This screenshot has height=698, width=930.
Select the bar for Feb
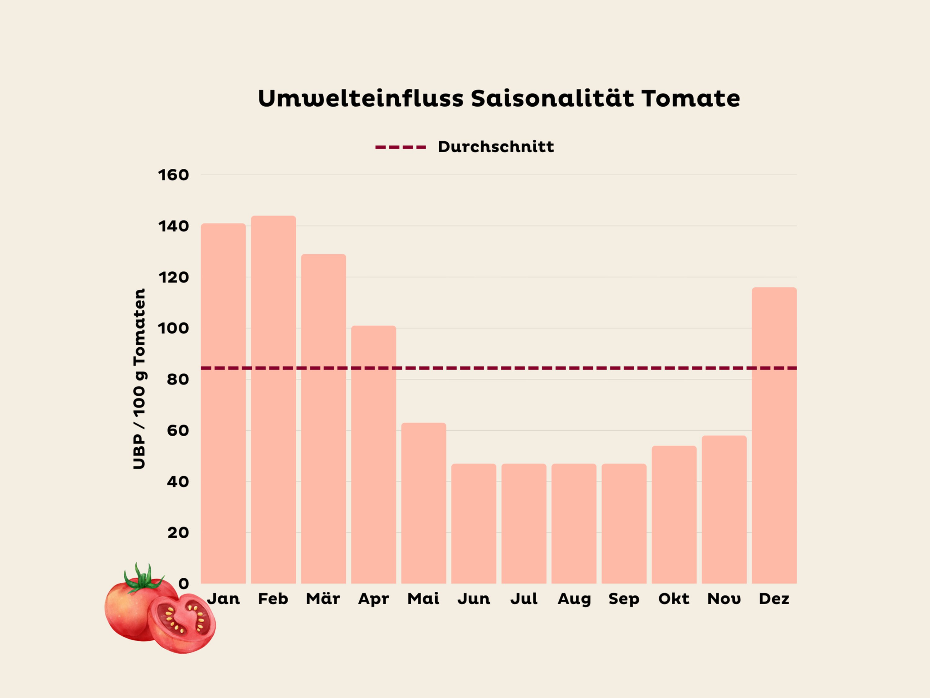pyautogui.click(x=273, y=399)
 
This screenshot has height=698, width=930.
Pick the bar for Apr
pyautogui.click(x=373, y=455)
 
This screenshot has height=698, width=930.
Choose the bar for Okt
pyautogui.click(x=674, y=515)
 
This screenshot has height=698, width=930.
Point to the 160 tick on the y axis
pyautogui.click(x=173, y=175)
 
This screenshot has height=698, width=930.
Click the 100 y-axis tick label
pyautogui.click(x=173, y=328)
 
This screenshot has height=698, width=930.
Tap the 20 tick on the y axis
pyautogui.click(x=178, y=533)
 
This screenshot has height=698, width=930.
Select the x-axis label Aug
pyautogui.click(x=574, y=599)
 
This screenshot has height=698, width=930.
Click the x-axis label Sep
pyautogui.click(x=624, y=599)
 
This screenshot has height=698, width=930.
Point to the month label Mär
pyautogui.click(x=323, y=598)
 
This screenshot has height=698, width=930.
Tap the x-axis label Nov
pyautogui.click(x=724, y=598)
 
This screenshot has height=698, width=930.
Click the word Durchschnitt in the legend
pyautogui.click(x=496, y=147)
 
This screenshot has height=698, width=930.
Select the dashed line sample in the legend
pyautogui.click(x=400, y=147)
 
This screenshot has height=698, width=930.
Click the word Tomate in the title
pyautogui.click(x=690, y=98)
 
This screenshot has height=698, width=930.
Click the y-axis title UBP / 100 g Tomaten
pyautogui.click(x=139, y=378)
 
